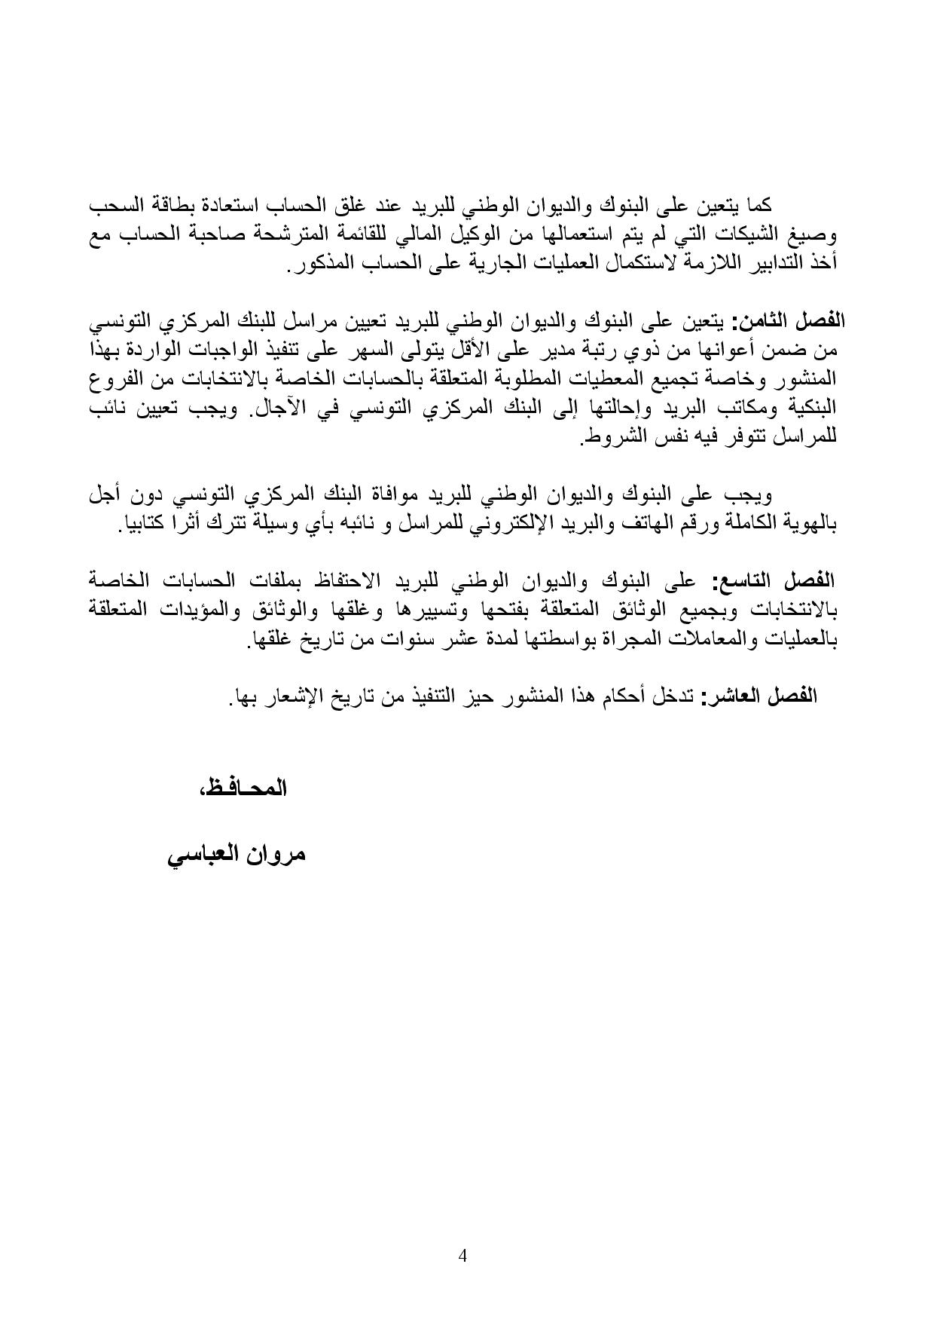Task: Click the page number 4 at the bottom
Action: coord(463,1256)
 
